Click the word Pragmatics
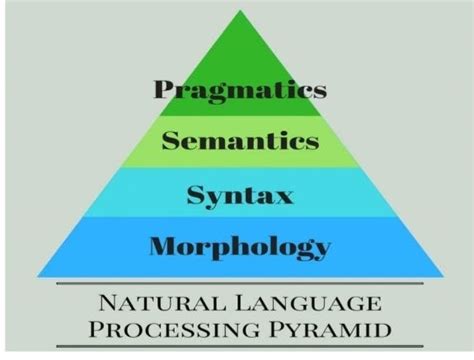(x=240, y=92)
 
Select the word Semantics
(x=240, y=140)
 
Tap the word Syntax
(x=240, y=193)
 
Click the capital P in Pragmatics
(x=164, y=91)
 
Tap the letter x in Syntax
(x=284, y=193)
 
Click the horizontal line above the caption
(x=240, y=285)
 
